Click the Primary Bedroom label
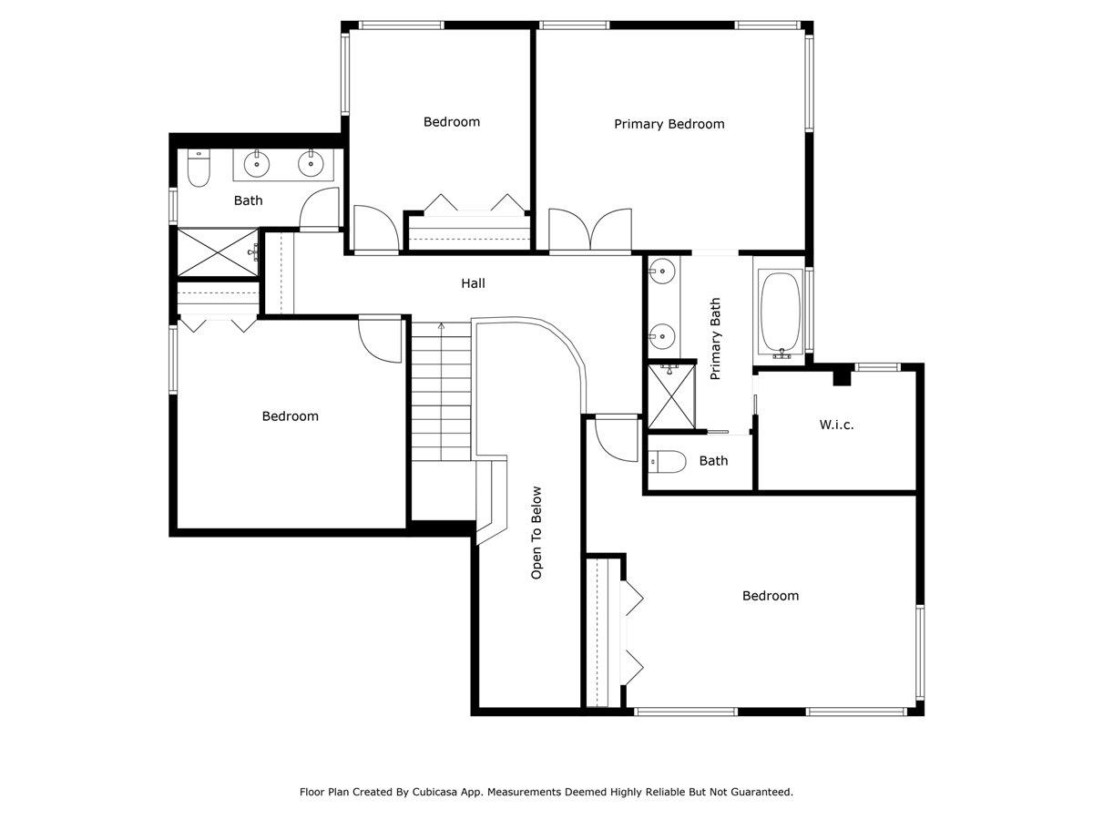(x=669, y=124)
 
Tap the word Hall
(x=473, y=283)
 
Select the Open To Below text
(x=536, y=532)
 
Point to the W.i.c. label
(x=836, y=425)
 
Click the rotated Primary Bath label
(x=715, y=339)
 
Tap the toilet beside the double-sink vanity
(x=199, y=169)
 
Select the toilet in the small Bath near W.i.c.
(x=669, y=462)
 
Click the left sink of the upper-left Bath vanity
(x=258, y=165)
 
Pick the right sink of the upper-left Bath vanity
(x=311, y=165)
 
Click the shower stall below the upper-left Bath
(x=216, y=252)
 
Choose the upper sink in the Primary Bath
(x=663, y=271)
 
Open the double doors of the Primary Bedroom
(x=589, y=230)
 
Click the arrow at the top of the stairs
(x=442, y=325)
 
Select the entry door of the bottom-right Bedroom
(x=617, y=438)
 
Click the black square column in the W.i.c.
(x=843, y=375)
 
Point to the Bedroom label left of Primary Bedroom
(x=451, y=122)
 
